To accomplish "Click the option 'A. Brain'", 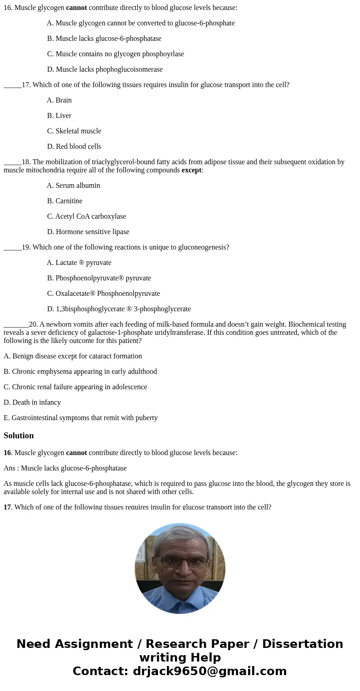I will pyautogui.click(x=59, y=100).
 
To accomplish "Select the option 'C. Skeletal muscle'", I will pyautogui.click(x=74, y=131).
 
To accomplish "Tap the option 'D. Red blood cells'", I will pyautogui.click(x=74, y=147).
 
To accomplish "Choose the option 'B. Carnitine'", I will pyautogui.click(x=65, y=201).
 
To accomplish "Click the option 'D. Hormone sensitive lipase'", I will pyautogui.click(x=88, y=232).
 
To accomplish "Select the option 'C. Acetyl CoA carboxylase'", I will pyautogui.click(x=87, y=216).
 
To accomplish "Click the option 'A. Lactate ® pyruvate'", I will pyautogui.click(x=79, y=263).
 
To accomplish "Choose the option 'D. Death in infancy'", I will pyautogui.click(x=32, y=402).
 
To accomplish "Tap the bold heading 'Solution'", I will pyautogui.click(x=19, y=436).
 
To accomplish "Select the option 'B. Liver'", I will pyautogui.click(x=59, y=116).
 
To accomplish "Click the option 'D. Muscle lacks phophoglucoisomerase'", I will pyautogui.click(x=105, y=69).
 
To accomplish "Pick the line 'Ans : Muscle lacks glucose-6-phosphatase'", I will pyautogui.click(x=65, y=468).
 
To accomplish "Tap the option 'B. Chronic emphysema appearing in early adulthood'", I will pyautogui.click(x=80, y=372).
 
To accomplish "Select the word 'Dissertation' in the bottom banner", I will pyautogui.click(x=302, y=644).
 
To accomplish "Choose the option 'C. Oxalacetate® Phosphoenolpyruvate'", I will pyautogui.click(x=103, y=294).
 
